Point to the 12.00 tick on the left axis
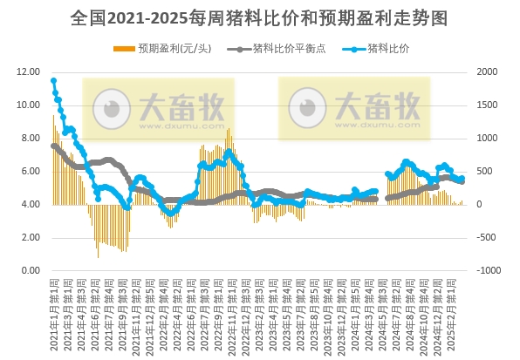coord(27,72)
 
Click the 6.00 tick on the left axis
coord(29,172)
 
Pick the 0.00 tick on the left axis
coord(29,271)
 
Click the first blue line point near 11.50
coord(53,81)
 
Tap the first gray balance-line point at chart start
coord(53,146)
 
